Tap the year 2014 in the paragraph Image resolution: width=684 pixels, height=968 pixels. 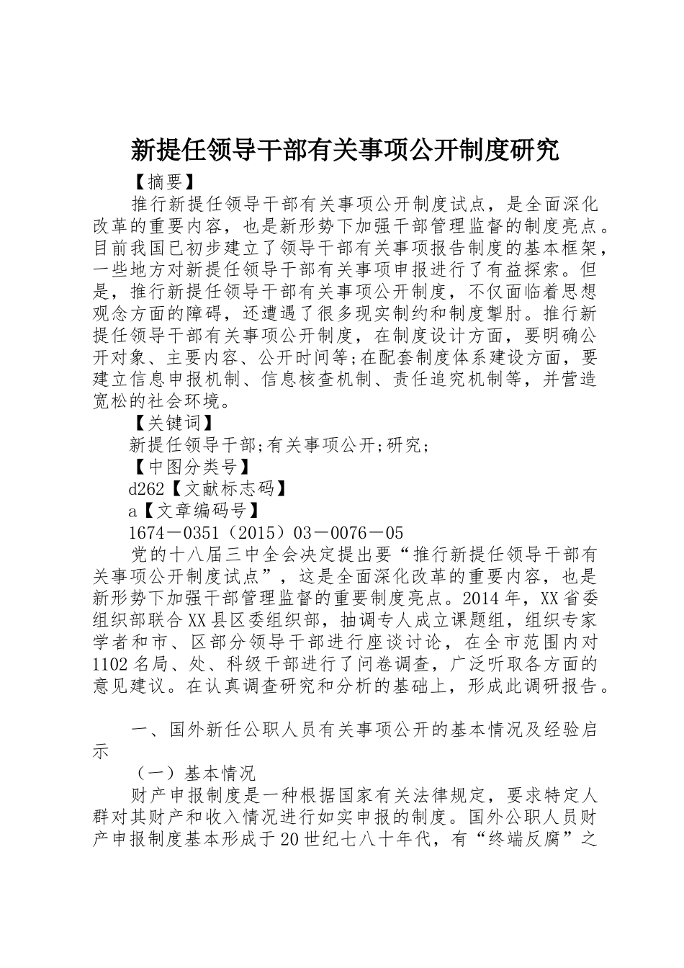pos(484,599)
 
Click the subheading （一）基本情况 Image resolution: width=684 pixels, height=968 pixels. pos(193,774)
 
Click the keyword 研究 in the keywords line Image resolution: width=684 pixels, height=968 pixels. pos(405,445)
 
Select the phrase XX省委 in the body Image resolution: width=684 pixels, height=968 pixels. pos(570,599)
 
